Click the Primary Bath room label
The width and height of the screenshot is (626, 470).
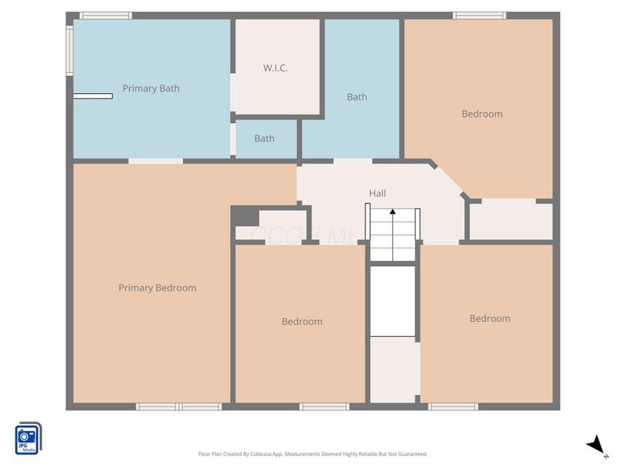point(150,89)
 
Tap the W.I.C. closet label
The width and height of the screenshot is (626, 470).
point(275,68)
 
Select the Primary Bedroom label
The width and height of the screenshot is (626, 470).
point(157,287)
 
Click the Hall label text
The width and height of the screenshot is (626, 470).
point(377,193)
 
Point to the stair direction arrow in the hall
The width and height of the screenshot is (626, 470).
point(393,211)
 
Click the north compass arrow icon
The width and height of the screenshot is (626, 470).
point(597,445)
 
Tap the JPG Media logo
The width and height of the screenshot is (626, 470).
point(28,438)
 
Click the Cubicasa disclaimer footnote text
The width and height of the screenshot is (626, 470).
point(313,454)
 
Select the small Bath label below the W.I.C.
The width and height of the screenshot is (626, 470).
point(264,139)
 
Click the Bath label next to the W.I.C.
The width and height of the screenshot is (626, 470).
point(357,97)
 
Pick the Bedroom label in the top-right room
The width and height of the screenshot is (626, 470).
point(482,114)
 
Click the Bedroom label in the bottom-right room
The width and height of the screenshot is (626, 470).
point(490,318)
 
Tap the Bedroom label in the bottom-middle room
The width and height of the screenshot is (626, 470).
point(302,321)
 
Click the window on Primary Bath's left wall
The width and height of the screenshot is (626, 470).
point(70,51)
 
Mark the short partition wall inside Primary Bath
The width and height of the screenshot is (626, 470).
point(92,96)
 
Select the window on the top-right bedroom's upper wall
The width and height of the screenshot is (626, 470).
point(479,16)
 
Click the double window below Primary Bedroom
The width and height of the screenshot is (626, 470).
point(179,407)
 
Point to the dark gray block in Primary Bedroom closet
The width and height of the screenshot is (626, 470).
point(245,216)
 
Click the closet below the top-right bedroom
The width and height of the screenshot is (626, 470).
point(509,221)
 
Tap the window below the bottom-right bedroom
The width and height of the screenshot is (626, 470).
point(452,407)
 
